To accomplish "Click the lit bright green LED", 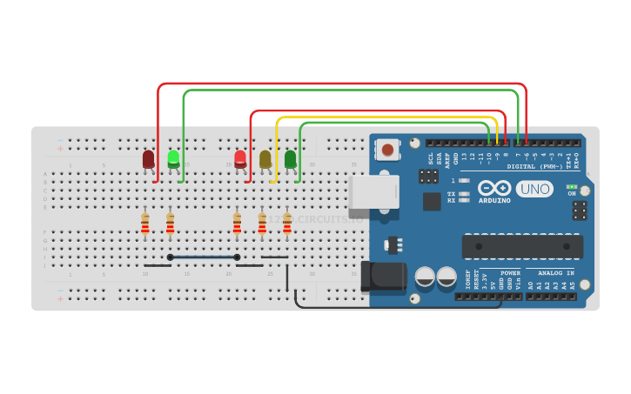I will tap(173, 158).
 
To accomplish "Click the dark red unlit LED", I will tap(148, 159).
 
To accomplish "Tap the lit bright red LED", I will tap(240, 159).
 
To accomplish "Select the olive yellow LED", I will tap(265, 159).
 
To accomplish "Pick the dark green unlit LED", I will tap(290, 159).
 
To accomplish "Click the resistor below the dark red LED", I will tap(145, 224).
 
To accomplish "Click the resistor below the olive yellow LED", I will tap(262, 224).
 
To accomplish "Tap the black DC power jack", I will tap(384, 277).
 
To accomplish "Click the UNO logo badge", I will tap(534, 189).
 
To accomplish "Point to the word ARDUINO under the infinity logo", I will tap(494, 201).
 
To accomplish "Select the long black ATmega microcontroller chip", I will tap(522, 246).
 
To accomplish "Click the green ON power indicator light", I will tap(571, 186).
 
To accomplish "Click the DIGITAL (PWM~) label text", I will tap(534, 166).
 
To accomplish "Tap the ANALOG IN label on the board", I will tap(555, 273).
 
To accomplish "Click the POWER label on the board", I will tap(510, 273).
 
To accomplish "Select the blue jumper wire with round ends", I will tap(204, 257).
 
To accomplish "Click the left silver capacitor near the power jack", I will tap(425, 277).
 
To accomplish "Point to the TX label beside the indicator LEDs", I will tap(451, 193).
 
